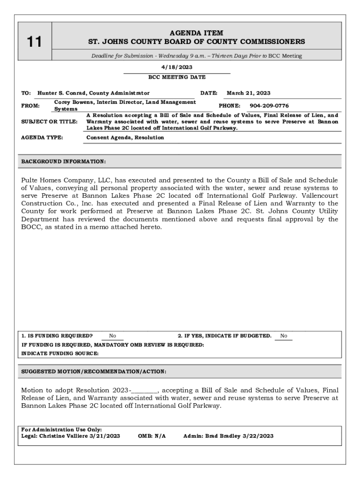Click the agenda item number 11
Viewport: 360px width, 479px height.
click(34, 42)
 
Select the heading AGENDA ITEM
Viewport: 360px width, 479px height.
click(196, 33)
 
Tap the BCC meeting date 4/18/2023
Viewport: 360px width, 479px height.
click(177, 67)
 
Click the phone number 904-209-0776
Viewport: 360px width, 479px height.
click(269, 106)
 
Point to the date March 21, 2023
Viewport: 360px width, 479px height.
click(248, 93)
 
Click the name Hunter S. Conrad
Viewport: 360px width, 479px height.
click(62, 93)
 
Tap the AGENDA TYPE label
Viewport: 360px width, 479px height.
click(42, 138)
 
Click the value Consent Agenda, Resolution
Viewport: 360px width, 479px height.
click(125, 138)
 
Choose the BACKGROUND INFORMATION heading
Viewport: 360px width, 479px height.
click(64, 161)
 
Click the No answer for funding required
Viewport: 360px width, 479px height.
click(112, 336)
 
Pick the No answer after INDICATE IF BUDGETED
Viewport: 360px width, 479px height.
click(283, 336)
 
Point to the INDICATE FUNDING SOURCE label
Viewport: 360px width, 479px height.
click(60, 354)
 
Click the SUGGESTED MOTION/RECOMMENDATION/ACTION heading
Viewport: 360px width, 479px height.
click(94, 371)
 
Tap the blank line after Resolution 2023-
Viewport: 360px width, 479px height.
click(145, 390)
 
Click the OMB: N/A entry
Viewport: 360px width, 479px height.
click(152, 436)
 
